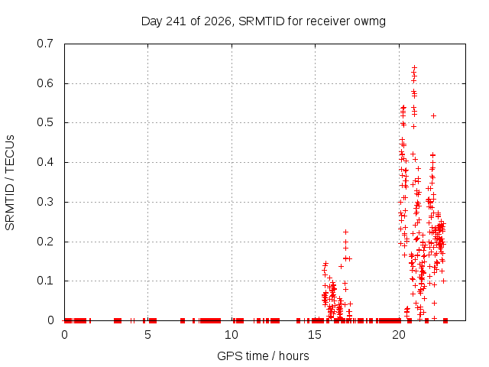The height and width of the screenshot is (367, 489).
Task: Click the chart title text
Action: pyautogui.click(x=264, y=21)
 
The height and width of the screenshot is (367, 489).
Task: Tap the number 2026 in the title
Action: pyautogui.click(x=217, y=21)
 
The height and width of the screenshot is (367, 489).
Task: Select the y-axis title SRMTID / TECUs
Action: pyautogui.click(x=10, y=183)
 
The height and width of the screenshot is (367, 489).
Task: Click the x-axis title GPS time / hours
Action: pyautogui.click(x=263, y=356)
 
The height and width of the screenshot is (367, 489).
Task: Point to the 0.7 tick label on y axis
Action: pyautogui.click(x=45, y=44)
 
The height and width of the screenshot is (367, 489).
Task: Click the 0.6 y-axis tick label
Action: pyautogui.click(x=45, y=83)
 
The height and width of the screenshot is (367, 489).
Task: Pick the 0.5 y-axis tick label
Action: pyautogui.click(x=45, y=122)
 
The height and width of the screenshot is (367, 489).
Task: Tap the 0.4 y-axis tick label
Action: pyautogui.click(x=45, y=162)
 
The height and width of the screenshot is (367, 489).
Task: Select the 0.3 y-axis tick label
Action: pyautogui.click(x=45, y=202)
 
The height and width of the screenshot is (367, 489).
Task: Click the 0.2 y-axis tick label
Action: pyautogui.click(x=45, y=242)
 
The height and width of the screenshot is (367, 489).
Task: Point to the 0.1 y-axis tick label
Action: pyautogui.click(x=45, y=281)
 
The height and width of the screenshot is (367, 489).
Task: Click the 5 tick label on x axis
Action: pyautogui.click(x=147, y=335)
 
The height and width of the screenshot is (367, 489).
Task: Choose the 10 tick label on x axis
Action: pyautogui.click(x=232, y=335)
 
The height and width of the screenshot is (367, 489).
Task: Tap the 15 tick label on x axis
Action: pyautogui.click(x=315, y=335)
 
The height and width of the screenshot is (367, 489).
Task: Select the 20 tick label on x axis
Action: pyautogui.click(x=399, y=335)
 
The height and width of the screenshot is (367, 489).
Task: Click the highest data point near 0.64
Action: pyautogui.click(x=414, y=67)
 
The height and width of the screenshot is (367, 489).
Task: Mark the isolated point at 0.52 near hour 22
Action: pyautogui.click(x=433, y=115)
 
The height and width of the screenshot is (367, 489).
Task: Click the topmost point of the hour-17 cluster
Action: pyautogui.click(x=345, y=232)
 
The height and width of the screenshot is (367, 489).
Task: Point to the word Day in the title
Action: pyautogui.click(x=152, y=22)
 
